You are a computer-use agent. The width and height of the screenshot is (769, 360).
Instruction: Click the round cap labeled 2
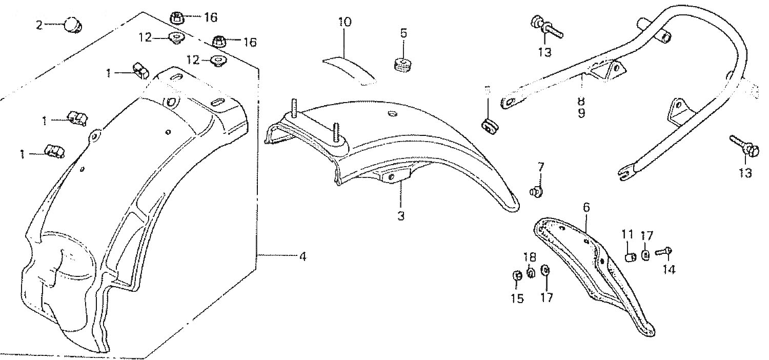coord(73,24)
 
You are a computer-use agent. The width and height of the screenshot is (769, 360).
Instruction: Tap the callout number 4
coord(303,255)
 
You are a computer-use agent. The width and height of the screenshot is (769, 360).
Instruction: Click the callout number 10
coord(345,22)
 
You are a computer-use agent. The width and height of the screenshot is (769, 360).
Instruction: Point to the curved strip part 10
coord(349,69)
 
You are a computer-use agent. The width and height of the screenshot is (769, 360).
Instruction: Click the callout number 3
coord(401,216)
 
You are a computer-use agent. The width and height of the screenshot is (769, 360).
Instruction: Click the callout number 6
coord(586,208)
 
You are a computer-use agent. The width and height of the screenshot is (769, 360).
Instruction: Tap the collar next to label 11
coord(632,255)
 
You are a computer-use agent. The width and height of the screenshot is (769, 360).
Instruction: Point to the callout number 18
coord(530,257)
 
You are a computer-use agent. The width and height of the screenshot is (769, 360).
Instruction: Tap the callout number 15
coord(517,298)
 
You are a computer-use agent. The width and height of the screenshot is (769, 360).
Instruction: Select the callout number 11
coord(628,235)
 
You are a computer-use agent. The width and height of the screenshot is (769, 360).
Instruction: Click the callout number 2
coord(39,25)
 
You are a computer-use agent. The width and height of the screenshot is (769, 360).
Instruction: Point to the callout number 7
coord(541,167)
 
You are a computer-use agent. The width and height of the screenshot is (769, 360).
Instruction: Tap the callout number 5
coord(403,33)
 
